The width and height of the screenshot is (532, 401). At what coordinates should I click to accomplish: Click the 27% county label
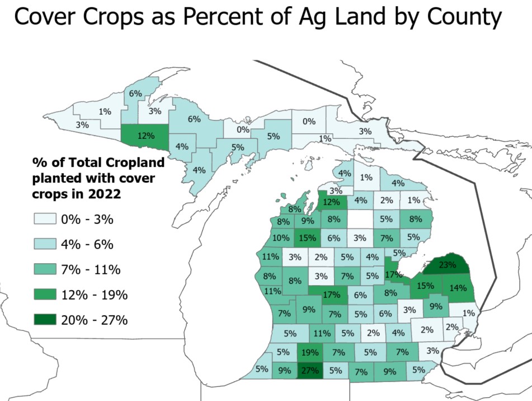[310, 370]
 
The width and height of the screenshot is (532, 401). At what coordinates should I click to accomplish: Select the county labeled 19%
[309, 352]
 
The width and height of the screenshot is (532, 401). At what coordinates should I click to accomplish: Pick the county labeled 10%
[281, 237]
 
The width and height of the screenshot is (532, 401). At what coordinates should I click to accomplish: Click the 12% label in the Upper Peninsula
[145, 134]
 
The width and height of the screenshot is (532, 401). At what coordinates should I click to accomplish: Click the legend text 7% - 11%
[91, 269]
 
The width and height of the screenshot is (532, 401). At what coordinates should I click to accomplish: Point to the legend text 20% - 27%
[95, 320]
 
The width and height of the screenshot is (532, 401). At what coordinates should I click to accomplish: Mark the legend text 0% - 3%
[87, 219]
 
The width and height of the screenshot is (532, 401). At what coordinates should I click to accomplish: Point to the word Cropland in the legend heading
[137, 163]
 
